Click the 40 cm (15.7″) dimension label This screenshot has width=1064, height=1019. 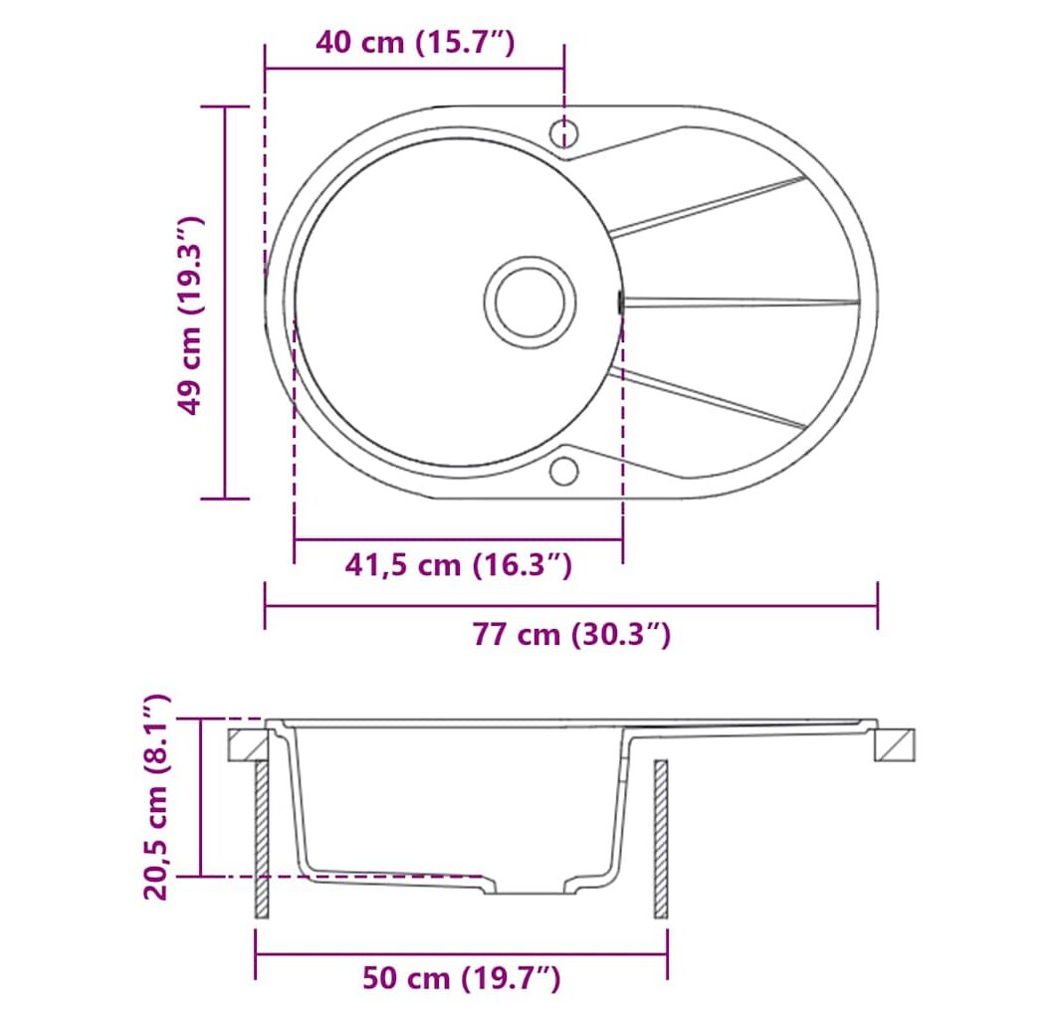click(x=415, y=43)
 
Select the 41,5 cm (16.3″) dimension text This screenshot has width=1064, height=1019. click(x=459, y=564)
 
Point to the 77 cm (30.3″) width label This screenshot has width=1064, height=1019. click(x=572, y=634)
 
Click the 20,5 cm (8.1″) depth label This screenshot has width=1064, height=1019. click(x=156, y=797)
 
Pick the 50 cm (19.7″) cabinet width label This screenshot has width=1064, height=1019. click(x=462, y=978)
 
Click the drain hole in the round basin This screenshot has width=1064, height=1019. click(x=530, y=302)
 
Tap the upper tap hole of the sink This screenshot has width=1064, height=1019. click(x=564, y=133)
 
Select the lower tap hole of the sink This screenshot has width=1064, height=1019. click(x=564, y=472)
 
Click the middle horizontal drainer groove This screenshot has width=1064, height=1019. click(x=742, y=302)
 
